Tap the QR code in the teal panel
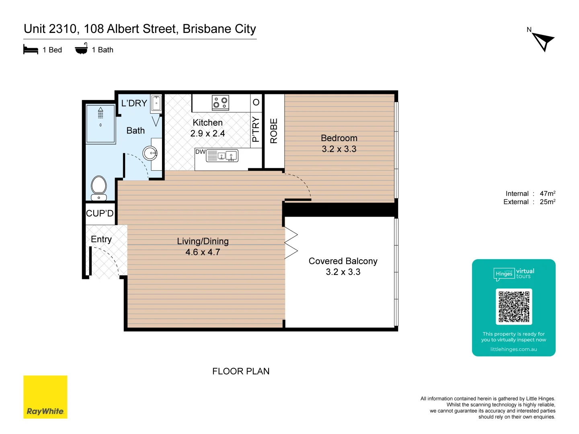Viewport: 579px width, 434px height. point(513,307)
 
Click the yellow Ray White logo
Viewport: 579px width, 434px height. point(45,397)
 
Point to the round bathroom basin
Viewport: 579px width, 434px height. point(150,153)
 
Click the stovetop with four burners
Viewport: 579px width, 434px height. point(220,103)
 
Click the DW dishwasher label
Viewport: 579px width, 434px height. point(200,152)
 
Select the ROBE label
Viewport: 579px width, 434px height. point(274,131)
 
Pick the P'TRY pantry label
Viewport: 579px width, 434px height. point(256,129)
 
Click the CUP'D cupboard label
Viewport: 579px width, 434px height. point(100,213)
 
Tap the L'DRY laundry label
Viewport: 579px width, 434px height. point(134,103)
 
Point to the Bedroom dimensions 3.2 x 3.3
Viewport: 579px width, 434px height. point(339,149)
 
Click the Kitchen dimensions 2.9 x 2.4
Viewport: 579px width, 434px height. point(207,133)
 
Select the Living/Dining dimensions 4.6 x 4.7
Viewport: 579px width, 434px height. point(203,252)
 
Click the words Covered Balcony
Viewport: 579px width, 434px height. point(343,261)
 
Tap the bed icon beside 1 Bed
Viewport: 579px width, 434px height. point(31,50)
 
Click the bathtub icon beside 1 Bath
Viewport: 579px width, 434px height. point(81,49)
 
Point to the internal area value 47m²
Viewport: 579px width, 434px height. point(547,193)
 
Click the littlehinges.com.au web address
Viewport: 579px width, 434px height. point(513,349)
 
